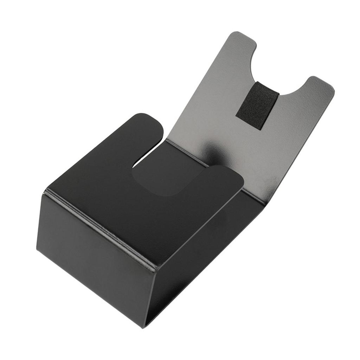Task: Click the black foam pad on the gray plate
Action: [257, 105]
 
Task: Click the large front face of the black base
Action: [95, 253]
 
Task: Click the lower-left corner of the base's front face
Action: [37, 246]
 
